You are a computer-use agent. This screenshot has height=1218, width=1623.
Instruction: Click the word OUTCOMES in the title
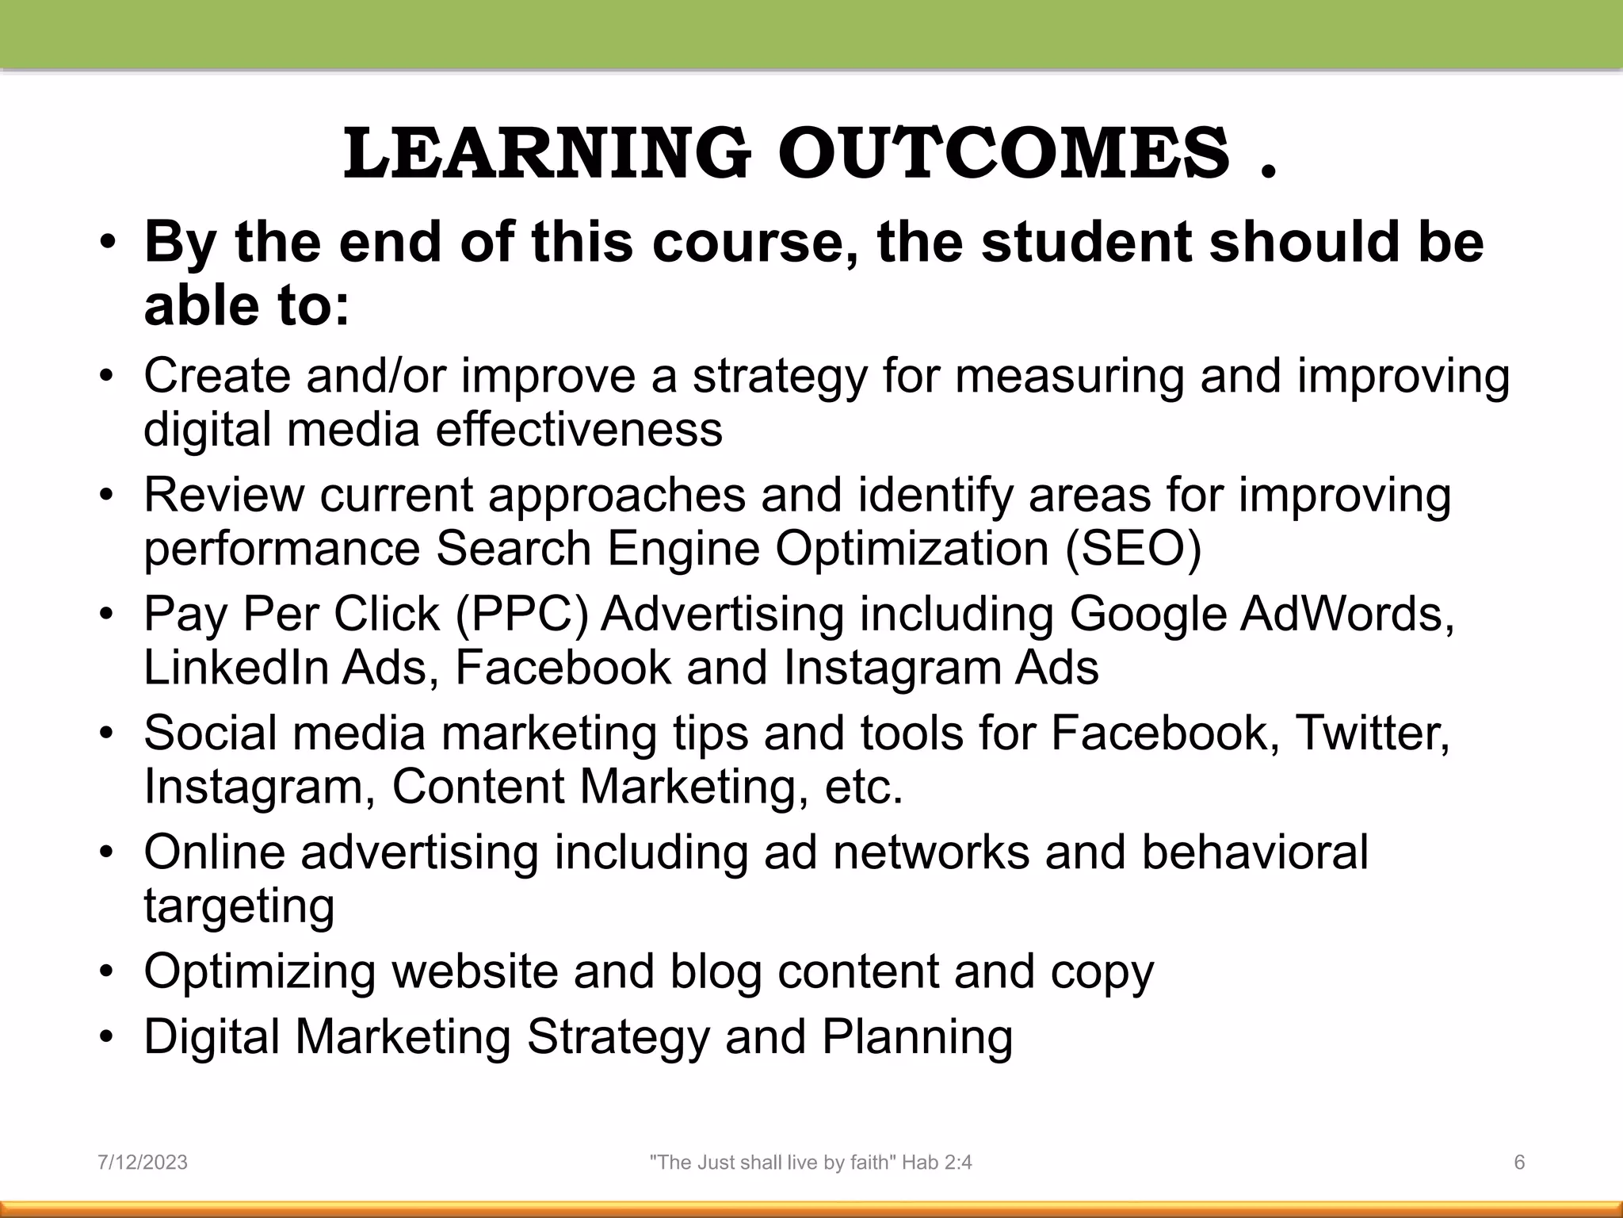[x=1004, y=153]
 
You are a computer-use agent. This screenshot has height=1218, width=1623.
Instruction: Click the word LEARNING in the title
[x=546, y=153]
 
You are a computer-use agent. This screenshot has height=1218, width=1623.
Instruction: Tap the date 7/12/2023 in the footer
[x=143, y=1162]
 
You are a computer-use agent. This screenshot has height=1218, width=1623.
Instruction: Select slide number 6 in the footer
[x=1519, y=1162]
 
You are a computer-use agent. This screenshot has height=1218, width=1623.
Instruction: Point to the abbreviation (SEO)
[x=1133, y=548]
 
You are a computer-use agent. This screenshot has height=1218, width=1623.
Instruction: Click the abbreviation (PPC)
[x=522, y=614]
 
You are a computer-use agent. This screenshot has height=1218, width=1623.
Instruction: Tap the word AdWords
[x=1346, y=614]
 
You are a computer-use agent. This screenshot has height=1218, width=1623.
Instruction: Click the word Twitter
[x=1372, y=733]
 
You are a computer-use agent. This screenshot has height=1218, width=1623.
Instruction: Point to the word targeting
[x=239, y=906]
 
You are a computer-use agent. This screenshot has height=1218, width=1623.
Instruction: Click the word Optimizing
[x=260, y=972]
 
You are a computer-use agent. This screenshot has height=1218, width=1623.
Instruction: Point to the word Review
[x=223, y=495]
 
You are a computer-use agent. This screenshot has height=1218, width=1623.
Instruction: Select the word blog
[x=716, y=972]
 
